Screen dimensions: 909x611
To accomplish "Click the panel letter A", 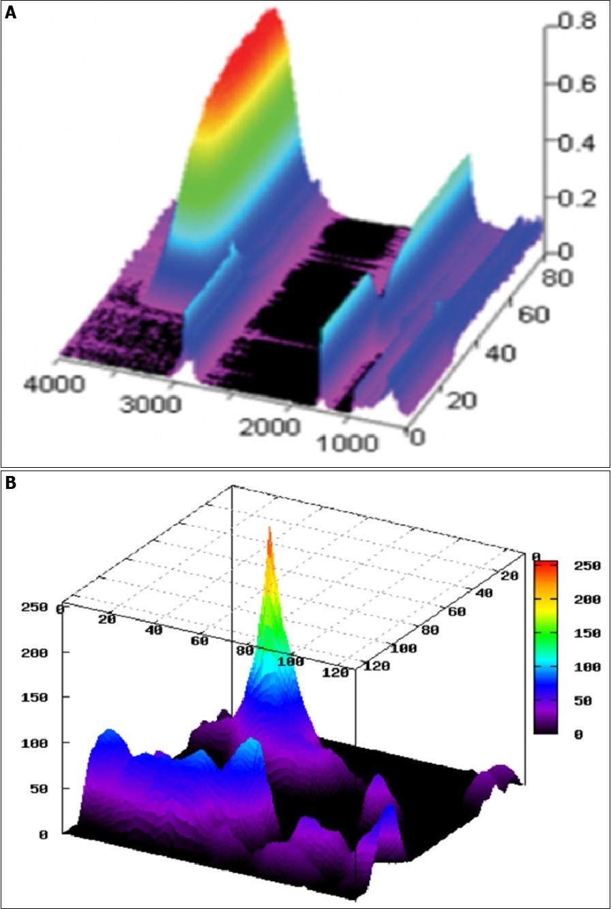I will coord(10,13).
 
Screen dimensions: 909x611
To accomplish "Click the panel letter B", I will coord(10,483).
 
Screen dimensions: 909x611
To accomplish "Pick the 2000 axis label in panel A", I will coord(268,427).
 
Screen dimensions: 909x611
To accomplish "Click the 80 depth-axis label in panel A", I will coord(560,278).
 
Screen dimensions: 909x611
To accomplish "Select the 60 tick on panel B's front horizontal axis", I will coord(200,642).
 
